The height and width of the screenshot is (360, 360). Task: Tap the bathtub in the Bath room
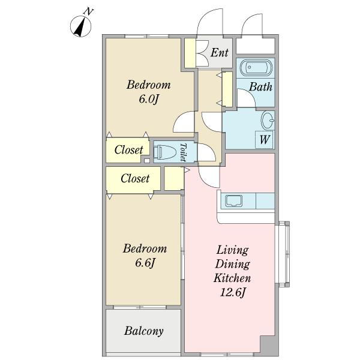coord(256,67)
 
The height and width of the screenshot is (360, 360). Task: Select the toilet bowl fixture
coord(164,152)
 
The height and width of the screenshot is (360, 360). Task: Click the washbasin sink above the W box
coord(268,121)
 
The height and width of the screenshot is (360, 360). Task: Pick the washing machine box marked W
coord(264,140)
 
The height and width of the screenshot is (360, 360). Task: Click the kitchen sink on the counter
coord(234,201)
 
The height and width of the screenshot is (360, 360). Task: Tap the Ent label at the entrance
coord(220,53)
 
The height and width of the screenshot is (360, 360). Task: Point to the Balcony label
coord(144,331)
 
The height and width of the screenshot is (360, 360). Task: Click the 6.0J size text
coord(149,99)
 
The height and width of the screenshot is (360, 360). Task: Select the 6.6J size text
coord(145,263)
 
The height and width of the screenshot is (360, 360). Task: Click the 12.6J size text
coord(233,293)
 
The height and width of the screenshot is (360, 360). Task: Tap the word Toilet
coord(183,152)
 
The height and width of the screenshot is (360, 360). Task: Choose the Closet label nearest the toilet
coord(128,150)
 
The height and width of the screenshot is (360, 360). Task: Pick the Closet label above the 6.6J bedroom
coord(135,178)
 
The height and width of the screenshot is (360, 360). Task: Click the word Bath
coord(261,87)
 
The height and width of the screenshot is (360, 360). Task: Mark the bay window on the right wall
coord(283,254)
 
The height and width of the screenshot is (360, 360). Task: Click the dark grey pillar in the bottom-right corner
coord(269,346)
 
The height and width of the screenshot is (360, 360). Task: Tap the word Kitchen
coord(232,278)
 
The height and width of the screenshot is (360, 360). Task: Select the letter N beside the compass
coord(88,11)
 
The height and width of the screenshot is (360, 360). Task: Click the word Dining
coord(233,264)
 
